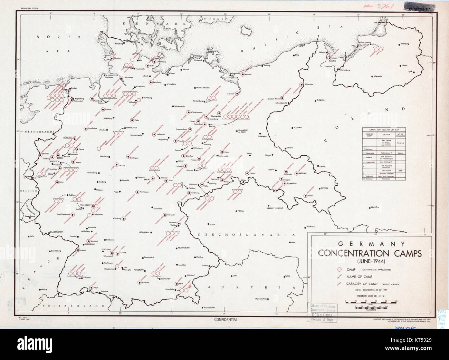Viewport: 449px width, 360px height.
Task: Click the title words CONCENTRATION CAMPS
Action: (x=370, y=253)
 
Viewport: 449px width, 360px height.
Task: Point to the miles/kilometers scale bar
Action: (x=370, y=303)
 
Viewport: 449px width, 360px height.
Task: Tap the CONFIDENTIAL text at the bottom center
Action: (x=226, y=320)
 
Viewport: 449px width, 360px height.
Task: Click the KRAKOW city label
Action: (x=375, y=207)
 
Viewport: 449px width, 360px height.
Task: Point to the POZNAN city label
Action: (x=298, y=127)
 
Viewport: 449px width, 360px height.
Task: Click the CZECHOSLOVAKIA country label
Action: (x=247, y=235)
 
